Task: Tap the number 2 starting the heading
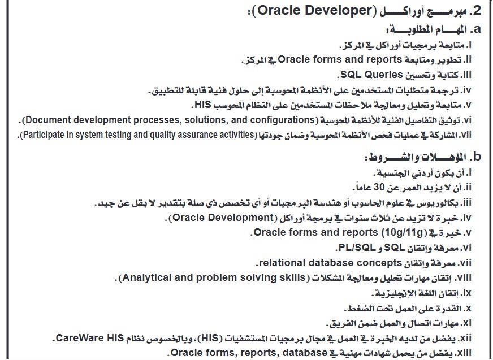pos(476,11)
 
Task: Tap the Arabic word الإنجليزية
pos(399,293)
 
